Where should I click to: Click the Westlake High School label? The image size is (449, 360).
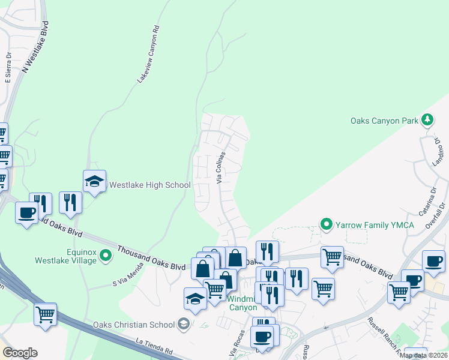tap(149, 185)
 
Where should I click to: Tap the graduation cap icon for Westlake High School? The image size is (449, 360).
tap(95, 181)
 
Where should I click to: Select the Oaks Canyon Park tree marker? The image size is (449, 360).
tap(427, 120)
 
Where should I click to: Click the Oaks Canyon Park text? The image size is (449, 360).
tap(384, 121)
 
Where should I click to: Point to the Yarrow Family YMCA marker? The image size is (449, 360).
tap(327, 226)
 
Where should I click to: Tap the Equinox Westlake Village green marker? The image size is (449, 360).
tap(106, 256)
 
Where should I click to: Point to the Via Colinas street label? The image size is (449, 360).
tap(220, 168)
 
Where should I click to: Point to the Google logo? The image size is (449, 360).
tap(20, 353)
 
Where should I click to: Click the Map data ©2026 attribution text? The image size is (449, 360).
tap(423, 355)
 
